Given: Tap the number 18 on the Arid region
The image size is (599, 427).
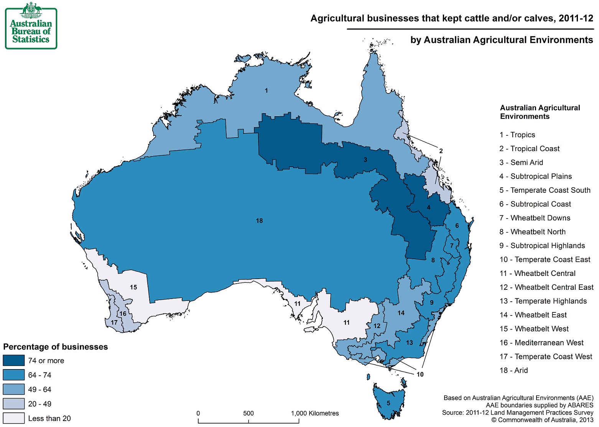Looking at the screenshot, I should [x=259, y=221].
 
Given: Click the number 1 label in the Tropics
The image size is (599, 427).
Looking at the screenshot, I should [x=266, y=91].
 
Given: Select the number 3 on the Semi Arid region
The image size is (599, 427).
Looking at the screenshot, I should [x=365, y=160].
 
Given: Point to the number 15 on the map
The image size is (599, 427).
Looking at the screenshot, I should [x=133, y=287].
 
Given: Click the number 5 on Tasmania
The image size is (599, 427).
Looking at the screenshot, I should [x=388, y=403].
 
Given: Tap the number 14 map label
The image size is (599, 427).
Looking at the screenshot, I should [x=401, y=313].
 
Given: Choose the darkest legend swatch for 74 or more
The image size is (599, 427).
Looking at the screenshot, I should [x=14, y=361].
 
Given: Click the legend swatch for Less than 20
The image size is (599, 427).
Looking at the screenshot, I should [x=14, y=418].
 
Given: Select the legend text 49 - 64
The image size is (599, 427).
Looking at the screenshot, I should [x=39, y=390].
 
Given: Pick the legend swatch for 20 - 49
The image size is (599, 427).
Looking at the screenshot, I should [x=14, y=404].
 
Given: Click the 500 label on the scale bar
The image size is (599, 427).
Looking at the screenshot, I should [x=248, y=413].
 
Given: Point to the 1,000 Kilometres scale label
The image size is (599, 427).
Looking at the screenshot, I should [x=315, y=413].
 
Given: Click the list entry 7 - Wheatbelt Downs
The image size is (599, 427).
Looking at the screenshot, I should [x=535, y=218].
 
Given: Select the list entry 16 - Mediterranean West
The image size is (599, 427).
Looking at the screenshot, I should [x=541, y=343].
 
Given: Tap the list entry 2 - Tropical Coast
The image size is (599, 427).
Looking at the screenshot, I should [x=529, y=149].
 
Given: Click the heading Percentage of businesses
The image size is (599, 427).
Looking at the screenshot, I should [x=56, y=347].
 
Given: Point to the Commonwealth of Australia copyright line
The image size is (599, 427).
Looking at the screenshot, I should [x=542, y=420].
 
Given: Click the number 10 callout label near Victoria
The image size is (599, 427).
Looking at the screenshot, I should [x=420, y=374].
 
